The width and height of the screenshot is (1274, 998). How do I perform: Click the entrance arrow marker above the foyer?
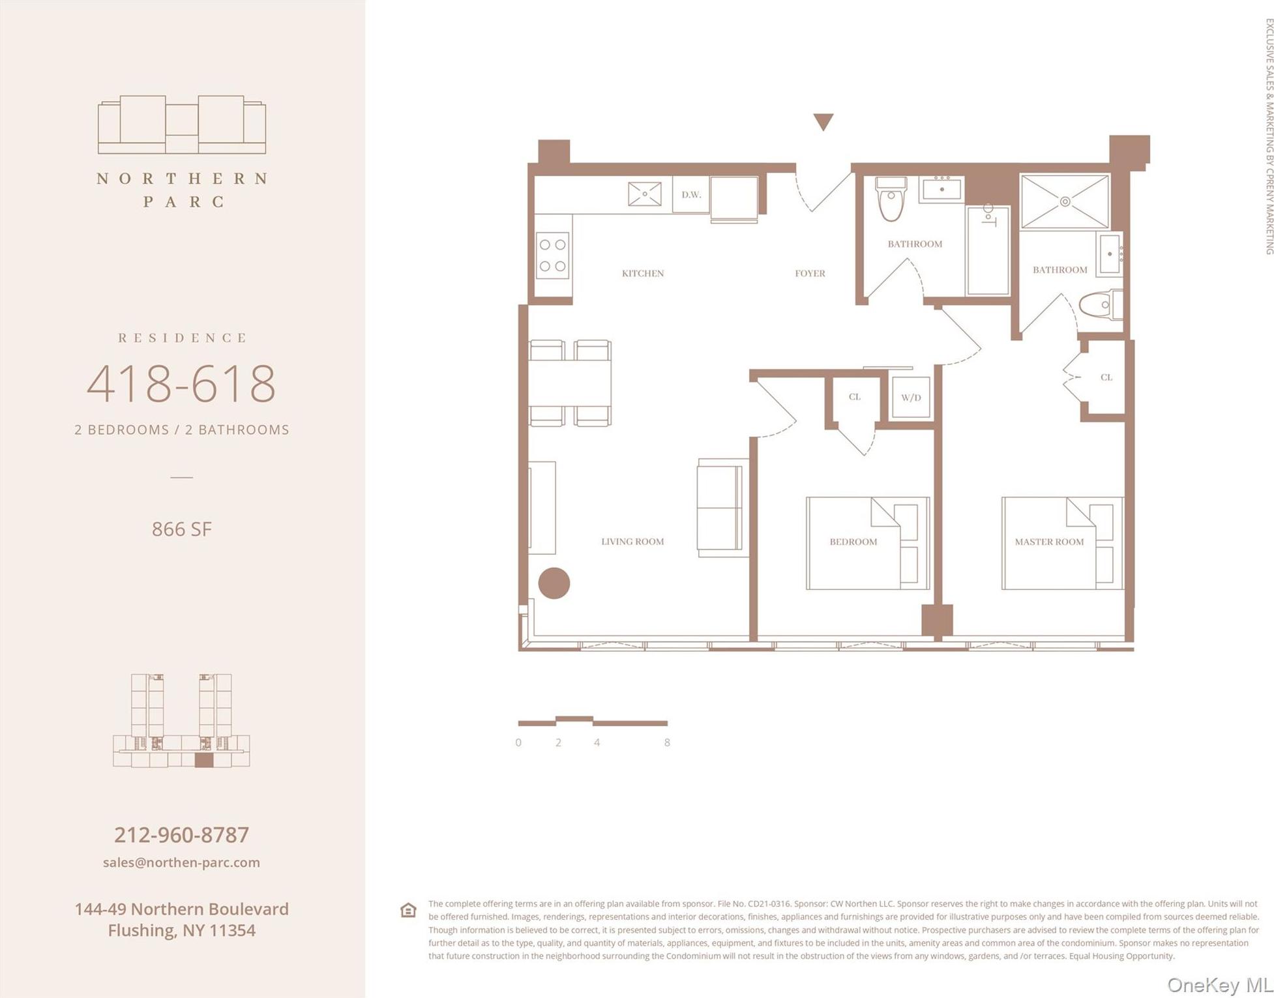click(x=823, y=121)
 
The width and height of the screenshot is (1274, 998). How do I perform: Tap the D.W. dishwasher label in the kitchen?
click(x=691, y=194)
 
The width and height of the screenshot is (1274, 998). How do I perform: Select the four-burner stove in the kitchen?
click(x=552, y=256)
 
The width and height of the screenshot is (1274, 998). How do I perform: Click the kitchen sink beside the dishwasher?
click(x=644, y=194)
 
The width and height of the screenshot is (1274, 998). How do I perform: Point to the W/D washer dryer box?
click(x=911, y=397)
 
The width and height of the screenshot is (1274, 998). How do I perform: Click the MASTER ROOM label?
click(x=1048, y=542)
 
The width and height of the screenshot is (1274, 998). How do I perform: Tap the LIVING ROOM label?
click(x=632, y=541)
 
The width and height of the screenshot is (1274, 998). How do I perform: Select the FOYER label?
click(x=810, y=273)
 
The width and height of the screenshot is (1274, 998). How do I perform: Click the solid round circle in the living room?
click(x=554, y=583)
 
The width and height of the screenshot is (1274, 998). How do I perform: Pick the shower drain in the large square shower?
click(x=1064, y=201)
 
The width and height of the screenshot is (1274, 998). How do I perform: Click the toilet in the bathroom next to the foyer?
click(x=891, y=198)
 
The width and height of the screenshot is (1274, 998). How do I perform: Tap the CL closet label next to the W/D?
click(x=854, y=396)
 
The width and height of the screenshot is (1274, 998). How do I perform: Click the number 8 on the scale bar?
click(x=666, y=742)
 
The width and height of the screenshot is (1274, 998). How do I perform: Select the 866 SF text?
click(x=181, y=529)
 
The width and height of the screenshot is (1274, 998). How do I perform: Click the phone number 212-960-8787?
click(x=181, y=834)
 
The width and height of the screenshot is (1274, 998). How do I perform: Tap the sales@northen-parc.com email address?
click(x=181, y=862)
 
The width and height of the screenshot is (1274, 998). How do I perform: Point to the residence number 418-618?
click(x=181, y=383)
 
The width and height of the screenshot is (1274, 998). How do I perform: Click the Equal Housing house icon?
click(x=408, y=910)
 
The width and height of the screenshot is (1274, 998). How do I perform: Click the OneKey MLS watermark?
click(x=1218, y=985)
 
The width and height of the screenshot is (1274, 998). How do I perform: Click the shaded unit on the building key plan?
click(x=203, y=760)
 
